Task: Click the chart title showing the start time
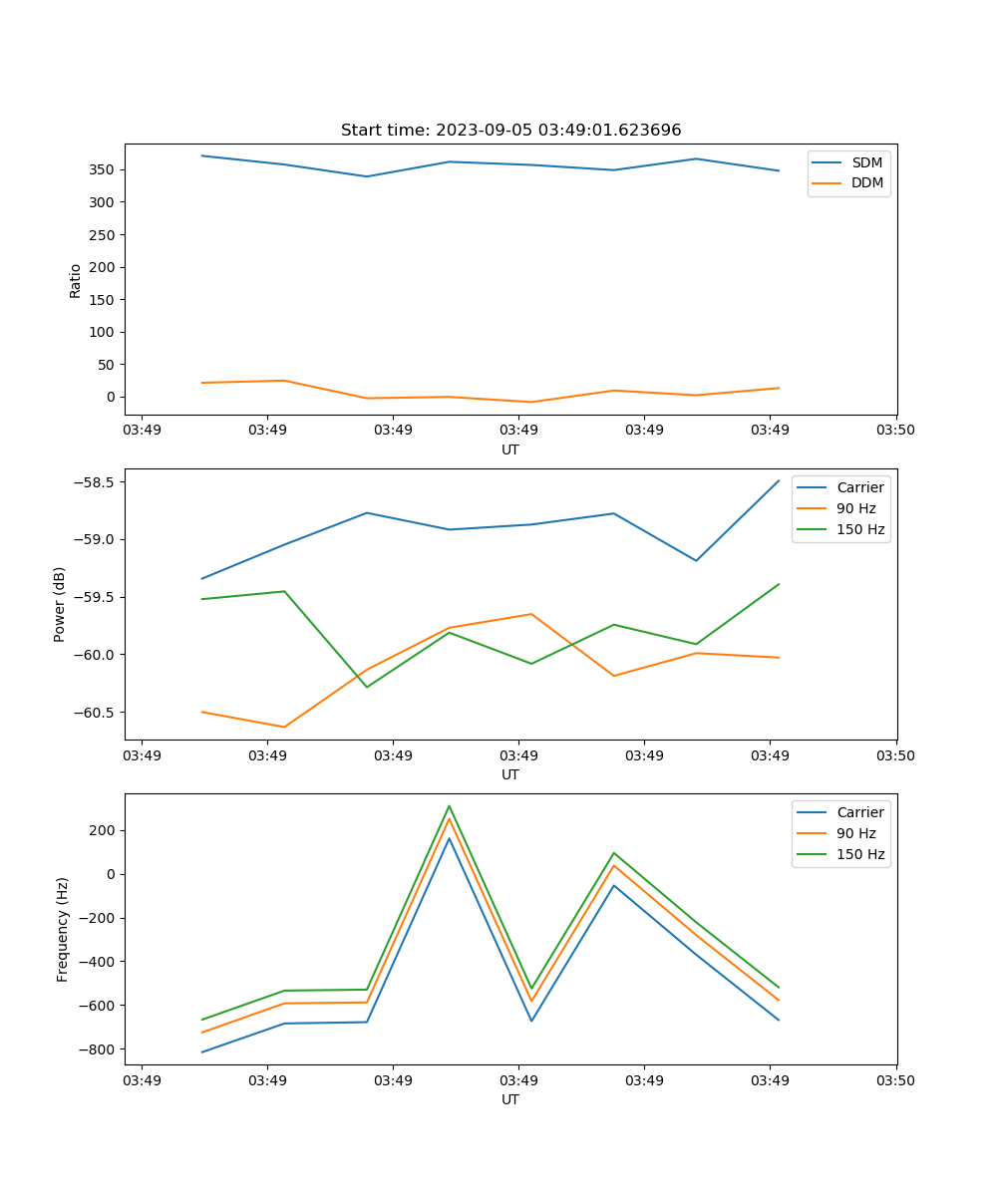[x=510, y=131]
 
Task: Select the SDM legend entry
[x=866, y=161]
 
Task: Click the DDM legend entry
[x=866, y=182]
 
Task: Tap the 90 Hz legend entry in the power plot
[x=855, y=508]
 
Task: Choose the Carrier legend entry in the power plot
[x=859, y=487]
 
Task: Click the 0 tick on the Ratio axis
[x=111, y=397]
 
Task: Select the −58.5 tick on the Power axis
[x=95, y=482]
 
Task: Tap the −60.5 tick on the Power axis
[x=95, y=713]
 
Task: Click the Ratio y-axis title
[x=76, y=280]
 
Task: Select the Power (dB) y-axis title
[x=60, y=604]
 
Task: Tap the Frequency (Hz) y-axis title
[x=63, y=929]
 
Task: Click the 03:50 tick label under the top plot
[x=895, y=430]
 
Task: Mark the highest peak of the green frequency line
[x=449, y=805]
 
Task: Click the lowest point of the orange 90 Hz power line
[x=284, y=727]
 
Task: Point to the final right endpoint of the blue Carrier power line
[x=779, y=480]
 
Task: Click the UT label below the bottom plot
[x=510, y=1099]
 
